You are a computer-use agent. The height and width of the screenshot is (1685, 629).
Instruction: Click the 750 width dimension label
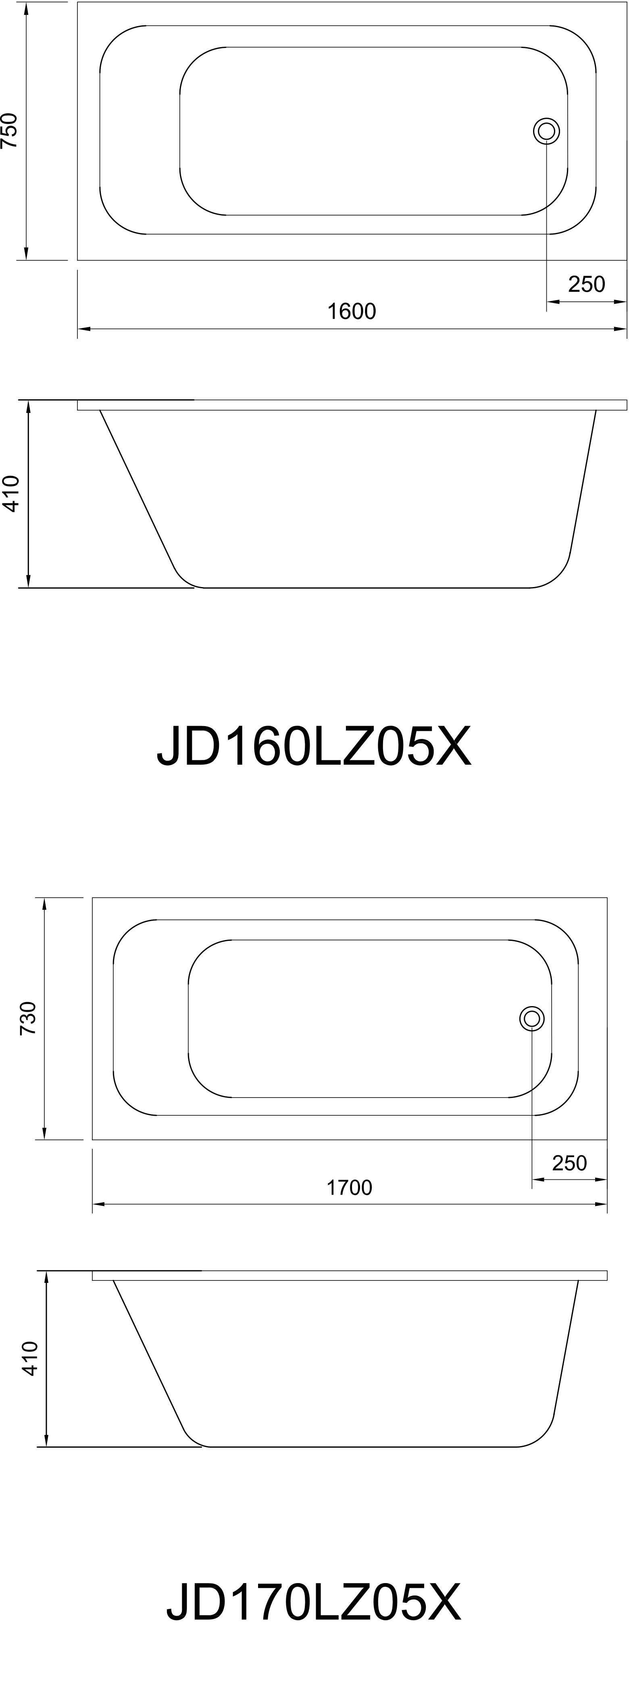pos(9,131)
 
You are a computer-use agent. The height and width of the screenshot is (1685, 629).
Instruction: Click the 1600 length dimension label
pos(352,311)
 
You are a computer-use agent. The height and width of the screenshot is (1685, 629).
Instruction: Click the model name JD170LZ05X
pos(314,1603)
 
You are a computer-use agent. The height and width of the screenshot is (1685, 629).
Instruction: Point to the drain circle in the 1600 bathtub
pos(546,131)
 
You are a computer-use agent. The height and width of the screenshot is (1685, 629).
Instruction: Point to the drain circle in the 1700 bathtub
pos(532,1019)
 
